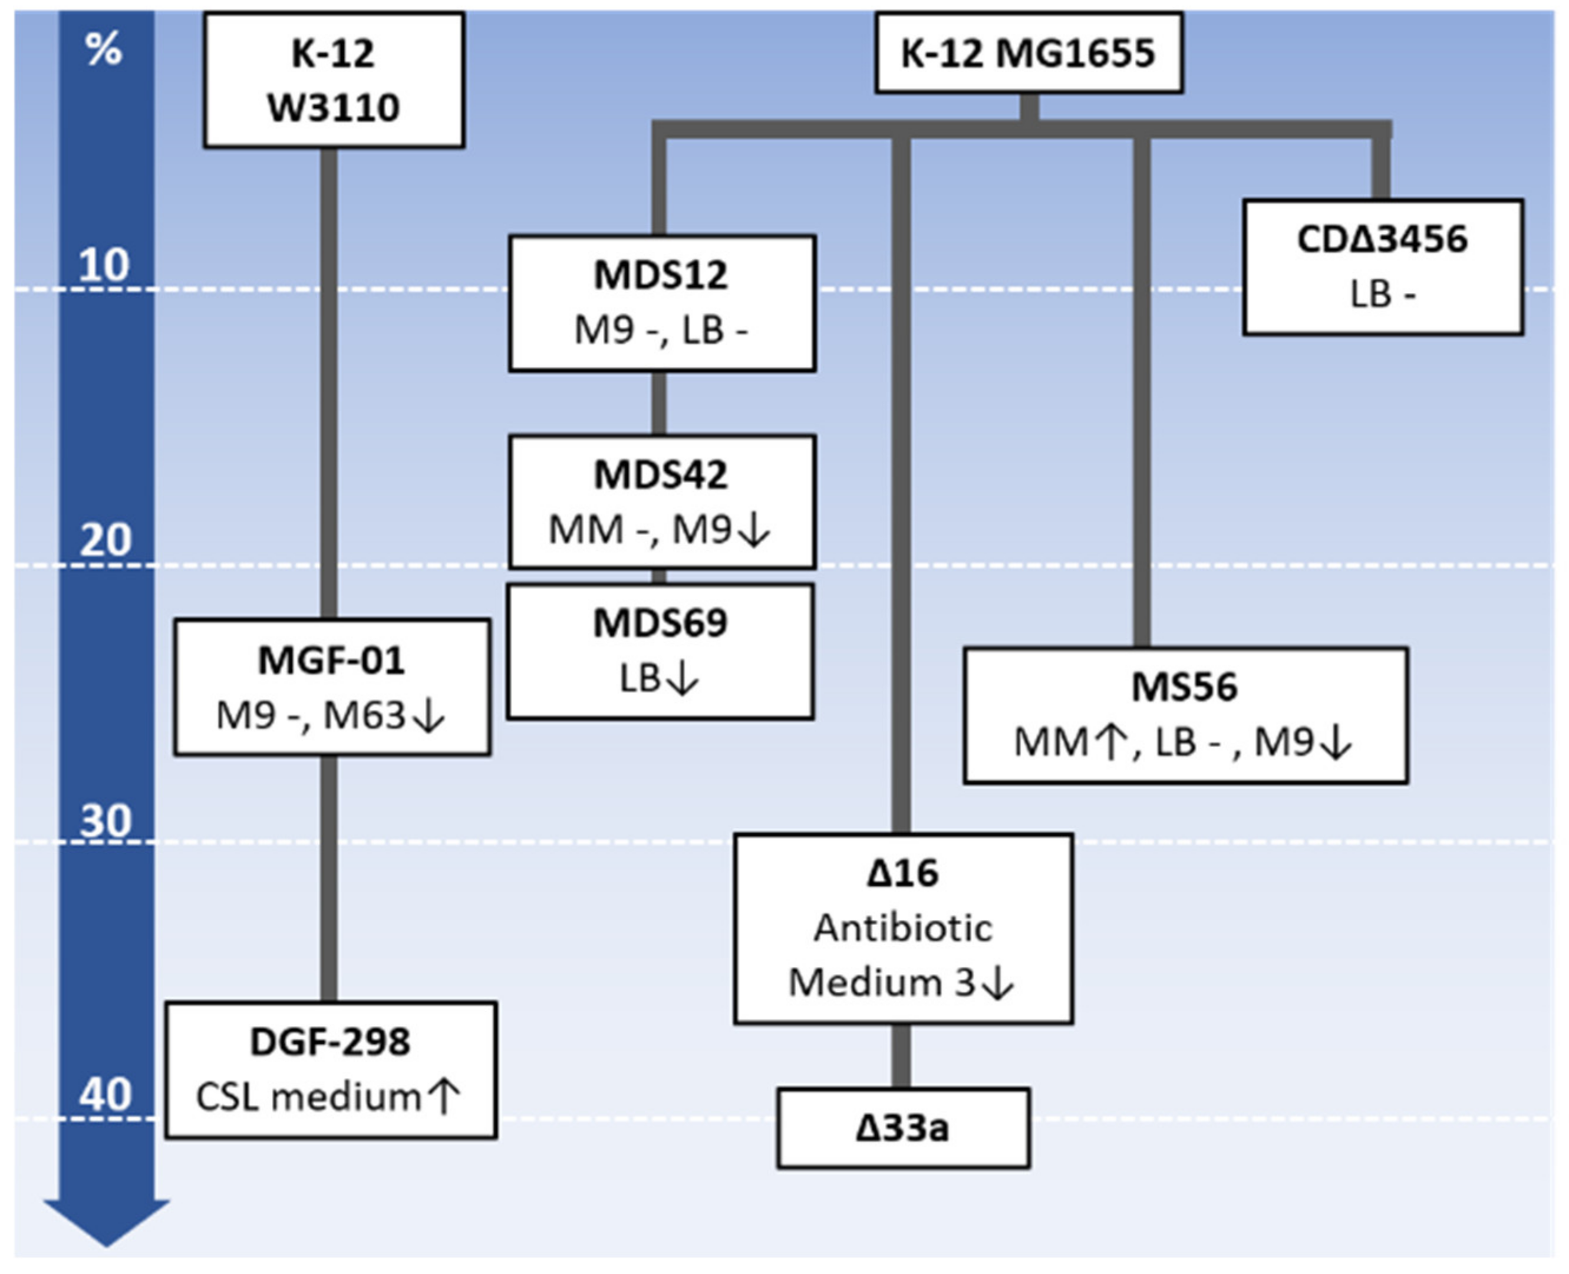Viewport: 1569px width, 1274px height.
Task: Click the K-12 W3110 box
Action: (x=334, y=80)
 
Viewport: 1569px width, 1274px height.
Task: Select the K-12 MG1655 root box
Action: (x=1028, y=53)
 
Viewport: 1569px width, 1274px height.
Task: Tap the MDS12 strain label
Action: (x=661, y=276)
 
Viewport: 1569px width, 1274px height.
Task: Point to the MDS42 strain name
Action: (x=661, y=475)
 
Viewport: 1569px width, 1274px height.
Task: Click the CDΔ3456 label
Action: (x=1382, y=239)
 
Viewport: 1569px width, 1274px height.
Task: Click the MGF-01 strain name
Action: (x=331, y=661)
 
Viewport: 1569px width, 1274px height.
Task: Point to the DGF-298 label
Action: (x=330, y=1042)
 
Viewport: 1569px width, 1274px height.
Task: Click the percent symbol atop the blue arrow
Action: (x=104, y=50)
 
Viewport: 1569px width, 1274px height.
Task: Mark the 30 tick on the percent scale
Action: (x=105, y=820)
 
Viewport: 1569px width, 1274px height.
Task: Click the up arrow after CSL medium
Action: (x=444, y=1097)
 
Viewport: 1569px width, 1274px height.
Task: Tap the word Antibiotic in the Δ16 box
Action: (x=902, y=928)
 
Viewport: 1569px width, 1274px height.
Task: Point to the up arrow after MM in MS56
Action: (x=1110, y=742)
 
